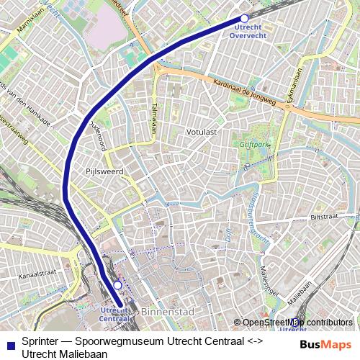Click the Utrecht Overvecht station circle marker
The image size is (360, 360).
(244, 18)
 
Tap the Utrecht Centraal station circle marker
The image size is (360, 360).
(117, 285)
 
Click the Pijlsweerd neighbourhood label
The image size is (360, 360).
(104, 171)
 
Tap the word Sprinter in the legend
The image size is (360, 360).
(41, 341)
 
